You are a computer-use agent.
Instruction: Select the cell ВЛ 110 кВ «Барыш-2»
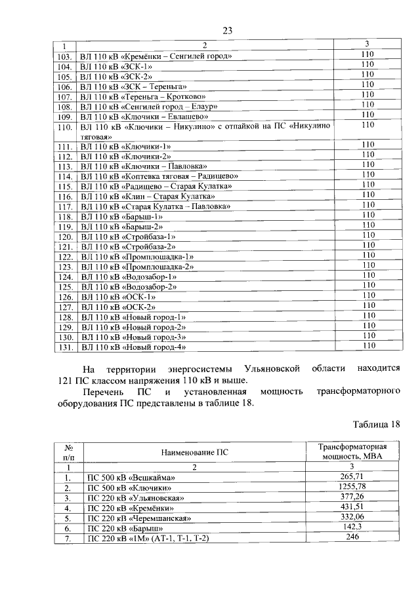pyautogui.click(x=121, y=226)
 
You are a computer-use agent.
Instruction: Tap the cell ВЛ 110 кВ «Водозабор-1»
pyautogui.click(x=127, y=276)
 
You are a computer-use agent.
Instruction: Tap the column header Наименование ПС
pyautogui.click(x=194, y=453)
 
